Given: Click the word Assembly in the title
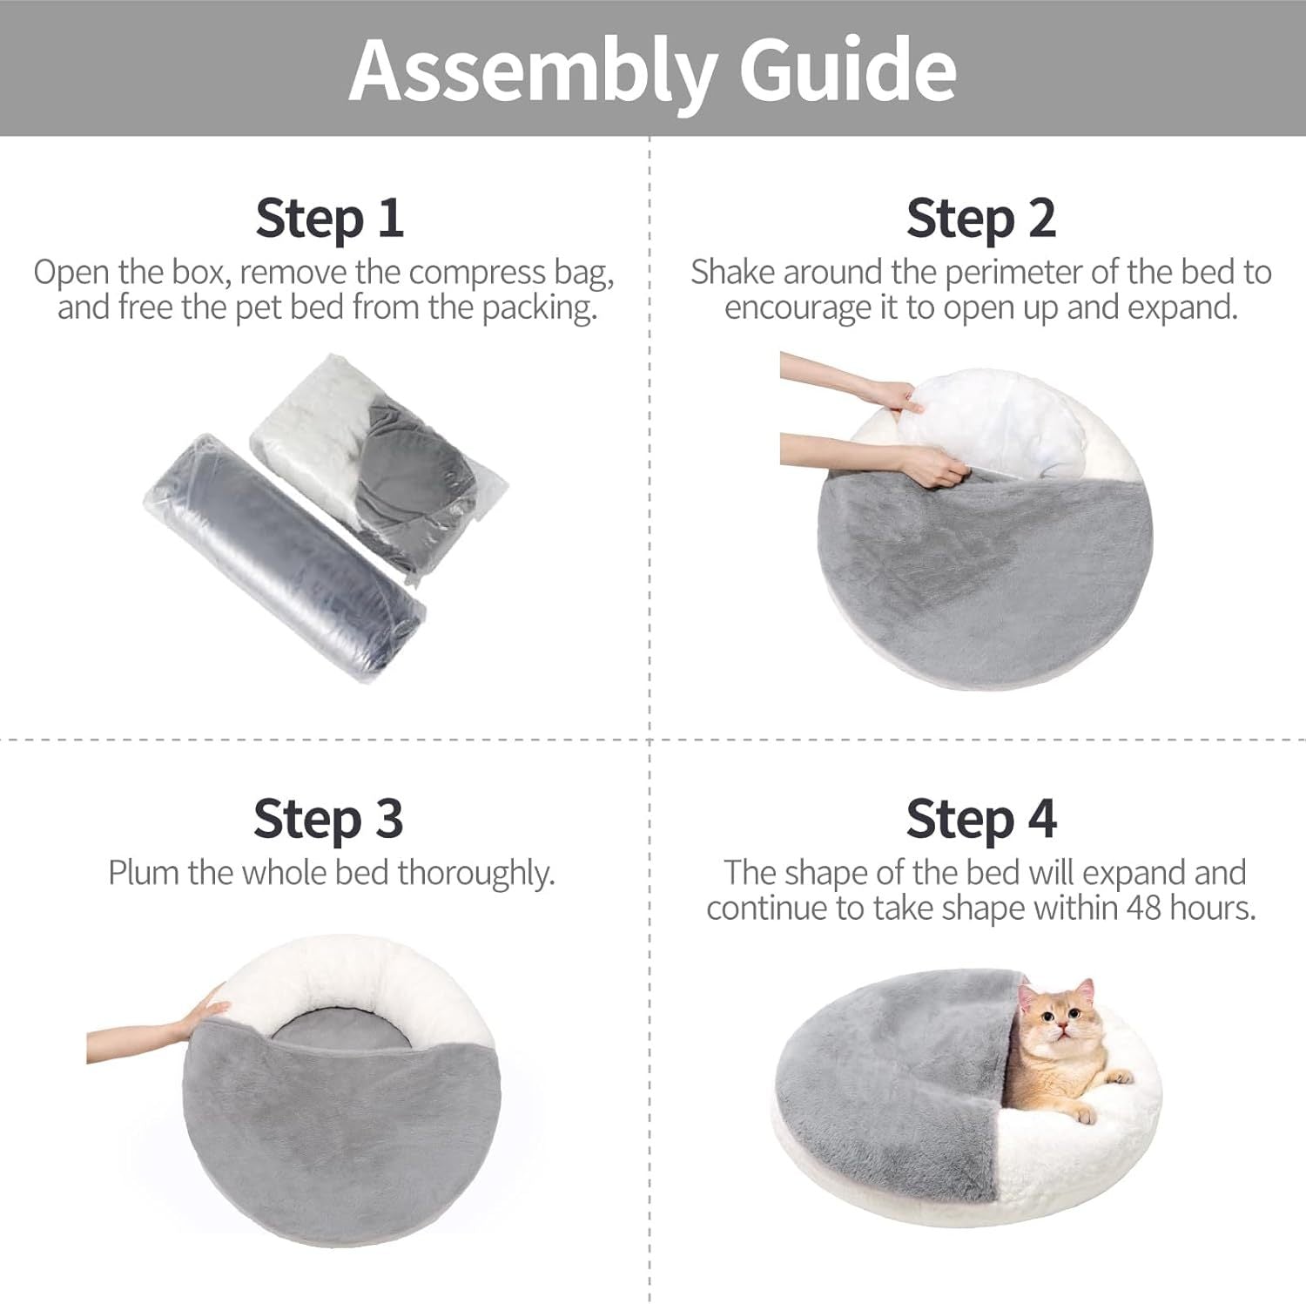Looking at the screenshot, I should point(532,70).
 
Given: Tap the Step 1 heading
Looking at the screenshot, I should point(329,218).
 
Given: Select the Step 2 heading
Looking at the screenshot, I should point(980,218).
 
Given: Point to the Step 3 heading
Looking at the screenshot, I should point(328,819).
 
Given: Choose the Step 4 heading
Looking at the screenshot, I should point(980,819).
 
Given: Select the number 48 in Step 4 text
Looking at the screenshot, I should point(1145,909).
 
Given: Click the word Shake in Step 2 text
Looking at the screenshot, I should point(733,273).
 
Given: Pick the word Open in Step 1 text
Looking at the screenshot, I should point(72,273).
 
